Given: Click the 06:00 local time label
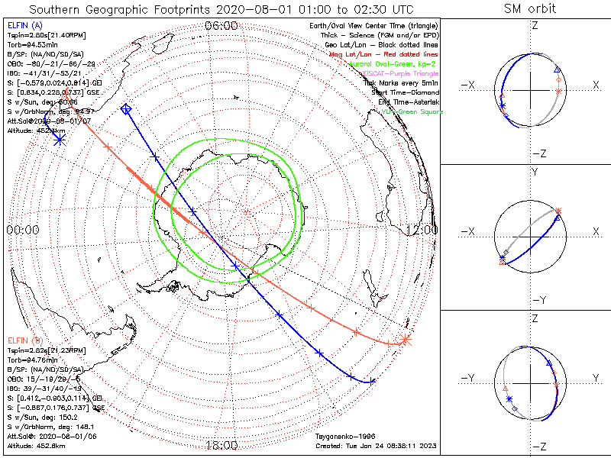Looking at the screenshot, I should click(221, 26).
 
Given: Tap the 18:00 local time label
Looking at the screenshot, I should click(221, 445).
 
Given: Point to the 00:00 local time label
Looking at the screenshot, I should click(23, 229).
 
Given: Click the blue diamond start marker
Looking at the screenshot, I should click(127, 110).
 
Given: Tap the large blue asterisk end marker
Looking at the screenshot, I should click(59, 139).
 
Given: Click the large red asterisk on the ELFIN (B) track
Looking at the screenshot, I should click(405, 340).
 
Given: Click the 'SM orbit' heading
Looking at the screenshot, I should click(530, 9).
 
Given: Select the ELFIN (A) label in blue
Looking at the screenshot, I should click(24, 26).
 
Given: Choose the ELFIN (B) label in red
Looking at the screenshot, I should click(24, 340).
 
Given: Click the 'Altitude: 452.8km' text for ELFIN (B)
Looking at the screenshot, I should click(37, 444).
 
